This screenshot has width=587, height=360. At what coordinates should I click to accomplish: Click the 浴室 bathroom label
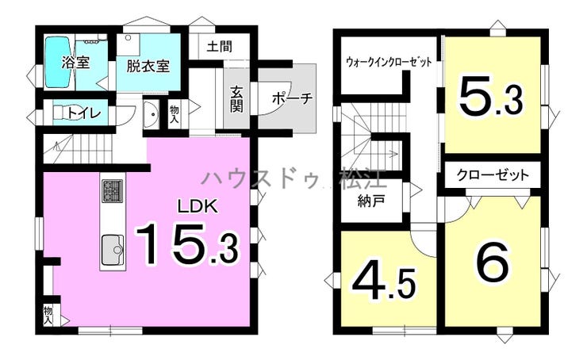pos(76,62)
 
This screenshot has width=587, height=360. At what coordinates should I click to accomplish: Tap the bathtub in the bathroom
pos(59,62)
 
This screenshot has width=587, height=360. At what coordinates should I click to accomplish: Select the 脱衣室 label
pos(148,67)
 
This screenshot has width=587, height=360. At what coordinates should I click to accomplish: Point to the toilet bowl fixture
pos(63,113)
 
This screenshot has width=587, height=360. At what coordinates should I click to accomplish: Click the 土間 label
pos(220,47)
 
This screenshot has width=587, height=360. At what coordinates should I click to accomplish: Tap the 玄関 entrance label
pos(236,99)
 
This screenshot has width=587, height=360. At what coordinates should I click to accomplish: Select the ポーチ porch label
pos(293,98)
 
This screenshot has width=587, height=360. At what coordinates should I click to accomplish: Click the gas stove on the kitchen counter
pos(112,191)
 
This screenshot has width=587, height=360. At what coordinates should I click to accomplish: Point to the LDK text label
pos(198,206)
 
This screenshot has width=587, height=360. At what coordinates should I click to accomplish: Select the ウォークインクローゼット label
pos(389,61)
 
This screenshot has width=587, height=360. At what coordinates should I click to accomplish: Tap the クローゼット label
pos(493,174)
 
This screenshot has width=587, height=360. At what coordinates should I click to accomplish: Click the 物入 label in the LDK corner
pos(48,315)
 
